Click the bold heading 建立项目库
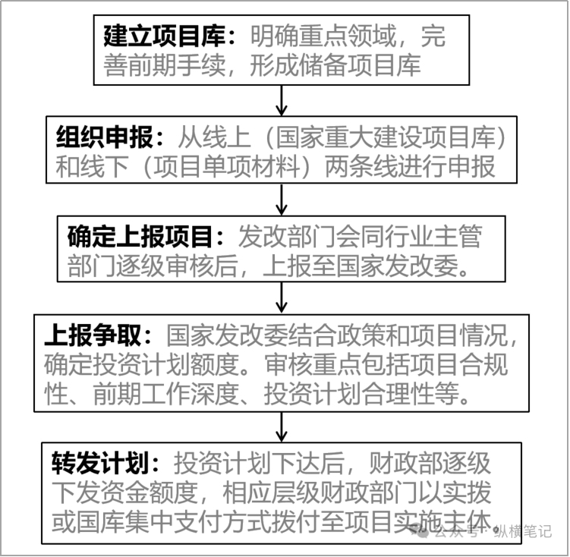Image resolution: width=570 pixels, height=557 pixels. pyautogui.click(x=164, y=36)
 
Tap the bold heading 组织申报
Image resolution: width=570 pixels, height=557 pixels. pyautogui.click(x=105, y=137)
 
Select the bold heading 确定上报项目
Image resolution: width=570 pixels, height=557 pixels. pyautogui.click(x=140, y=237)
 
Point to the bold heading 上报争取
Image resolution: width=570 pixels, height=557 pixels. pyautogui.click(x=93, y=335)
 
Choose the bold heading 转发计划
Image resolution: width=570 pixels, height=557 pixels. pyautogui.click(x=100, y=464)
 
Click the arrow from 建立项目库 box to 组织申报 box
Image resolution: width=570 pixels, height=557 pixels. pyautogui.click(x=282, y=101)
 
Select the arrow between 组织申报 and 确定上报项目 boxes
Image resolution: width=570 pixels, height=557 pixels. pyautogui.click(x=282, y=200)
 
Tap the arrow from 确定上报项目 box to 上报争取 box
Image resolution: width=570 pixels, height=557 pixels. pyautogui.click(x=282, y=298)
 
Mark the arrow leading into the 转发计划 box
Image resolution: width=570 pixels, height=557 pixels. pyautogui.click(x=282, y=427)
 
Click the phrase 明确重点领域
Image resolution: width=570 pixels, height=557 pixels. pyautogui.click(x=323, y=36)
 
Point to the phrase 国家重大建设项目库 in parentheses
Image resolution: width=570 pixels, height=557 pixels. pyautogui.click(x=386, y=137)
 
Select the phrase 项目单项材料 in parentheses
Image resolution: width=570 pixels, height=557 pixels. pyautogui.click(x=226, y=167)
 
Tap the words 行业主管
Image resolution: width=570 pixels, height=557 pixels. pyautogui.click(x=433, y=237)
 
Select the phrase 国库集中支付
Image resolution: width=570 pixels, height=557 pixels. pyautogui.click(x=149, y=522)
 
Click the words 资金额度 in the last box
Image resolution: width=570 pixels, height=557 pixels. pyautogui.click(x=149, y=492)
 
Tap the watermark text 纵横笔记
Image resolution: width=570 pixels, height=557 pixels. pyautogui.click(x=523, y=532)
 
